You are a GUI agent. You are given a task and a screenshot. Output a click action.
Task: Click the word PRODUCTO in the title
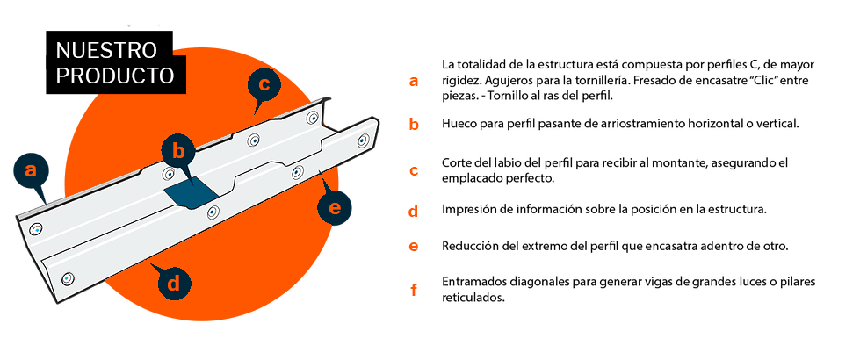[x=114, y=76]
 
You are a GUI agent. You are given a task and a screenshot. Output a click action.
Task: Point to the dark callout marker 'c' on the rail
[x=264, y=85]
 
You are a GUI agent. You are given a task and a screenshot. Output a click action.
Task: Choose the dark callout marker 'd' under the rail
[x=175, y=283]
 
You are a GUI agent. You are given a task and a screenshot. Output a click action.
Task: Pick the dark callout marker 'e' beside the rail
[x=334, y=208]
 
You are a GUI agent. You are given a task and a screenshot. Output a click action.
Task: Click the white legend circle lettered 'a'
[x=413, y=82]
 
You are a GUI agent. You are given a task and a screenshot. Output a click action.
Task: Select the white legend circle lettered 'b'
[x=413, y=124]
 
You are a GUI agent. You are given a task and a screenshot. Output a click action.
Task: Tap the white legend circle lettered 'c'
[x=413, y=169]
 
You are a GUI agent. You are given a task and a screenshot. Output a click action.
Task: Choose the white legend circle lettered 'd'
[x=413, y=212]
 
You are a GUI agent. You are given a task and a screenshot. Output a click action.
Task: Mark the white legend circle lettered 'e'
[x=413, y=247]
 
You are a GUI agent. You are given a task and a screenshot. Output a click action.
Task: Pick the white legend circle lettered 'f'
[x=413, y=289]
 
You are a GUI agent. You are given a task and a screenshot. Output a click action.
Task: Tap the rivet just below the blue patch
[x=212, y=211]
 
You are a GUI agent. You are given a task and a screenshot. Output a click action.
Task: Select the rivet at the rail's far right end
[x=362, y=138]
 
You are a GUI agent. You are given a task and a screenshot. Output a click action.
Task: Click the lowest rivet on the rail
[x=68, y=278]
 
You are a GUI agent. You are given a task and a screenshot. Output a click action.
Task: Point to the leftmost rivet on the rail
[x=36, y=229]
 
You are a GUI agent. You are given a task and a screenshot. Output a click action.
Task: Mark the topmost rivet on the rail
[x=312, y=117]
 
